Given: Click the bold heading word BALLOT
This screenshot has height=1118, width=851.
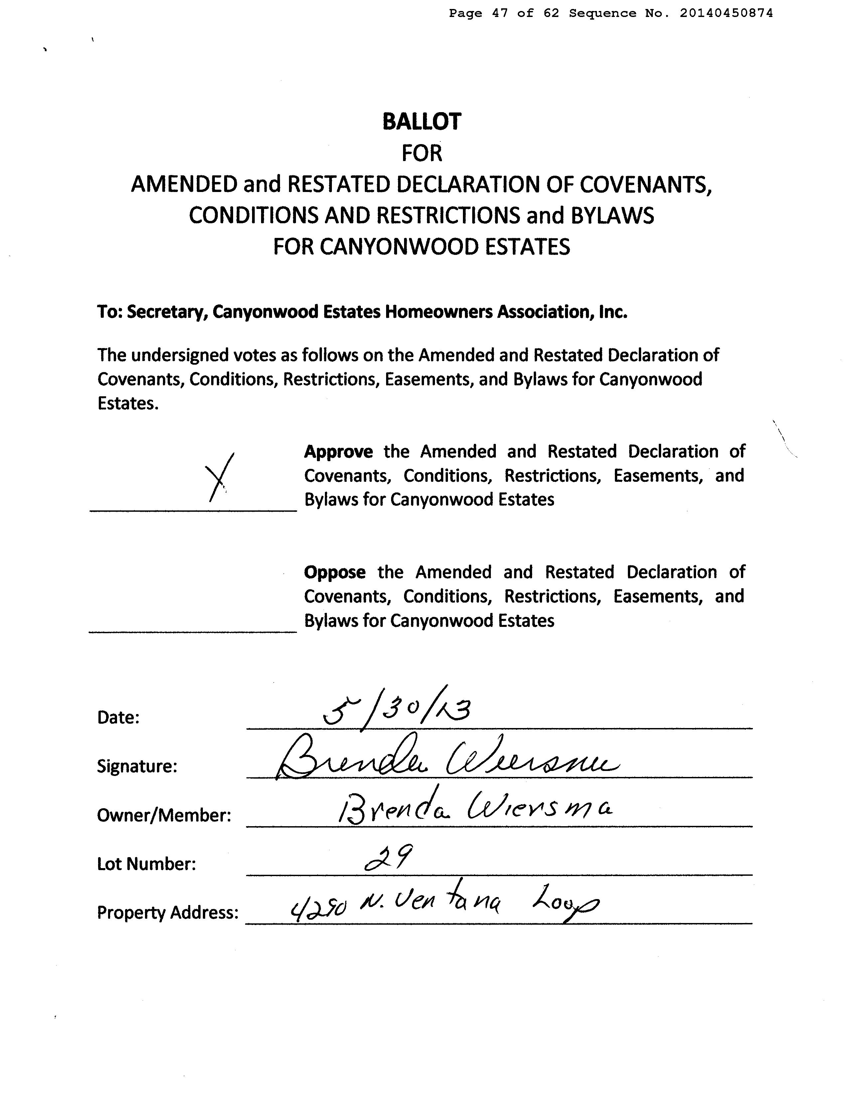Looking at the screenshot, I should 421,122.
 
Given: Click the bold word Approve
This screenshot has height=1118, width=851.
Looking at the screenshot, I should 339,452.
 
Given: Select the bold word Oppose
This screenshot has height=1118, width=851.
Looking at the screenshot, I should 334,572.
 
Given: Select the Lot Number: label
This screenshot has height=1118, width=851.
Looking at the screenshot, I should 146,863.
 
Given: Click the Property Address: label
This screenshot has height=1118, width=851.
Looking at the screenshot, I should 168,912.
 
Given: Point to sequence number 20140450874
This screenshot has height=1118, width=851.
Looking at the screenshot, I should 726,14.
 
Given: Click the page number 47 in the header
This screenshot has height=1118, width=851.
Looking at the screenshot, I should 499,14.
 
